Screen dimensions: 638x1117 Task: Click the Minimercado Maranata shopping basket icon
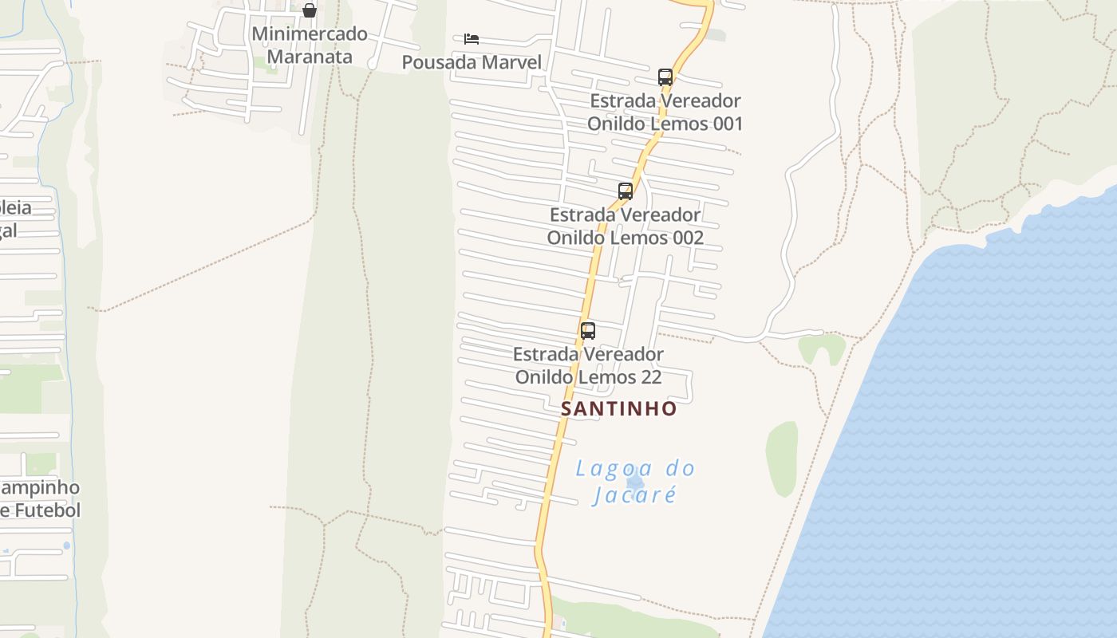click(310, 10)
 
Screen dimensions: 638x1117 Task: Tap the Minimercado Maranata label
click(310, 45)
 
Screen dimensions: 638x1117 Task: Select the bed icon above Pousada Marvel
click(472, 38)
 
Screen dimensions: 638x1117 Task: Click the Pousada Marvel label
click(472, 62)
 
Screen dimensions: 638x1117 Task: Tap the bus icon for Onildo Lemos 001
click(665, 77)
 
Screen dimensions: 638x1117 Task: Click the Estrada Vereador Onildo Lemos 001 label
click(665, 112)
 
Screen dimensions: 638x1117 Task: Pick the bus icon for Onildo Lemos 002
click(626, 191)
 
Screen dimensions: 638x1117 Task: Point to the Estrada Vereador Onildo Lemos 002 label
click(626, 226)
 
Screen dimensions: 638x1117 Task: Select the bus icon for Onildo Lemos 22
click(588, 331)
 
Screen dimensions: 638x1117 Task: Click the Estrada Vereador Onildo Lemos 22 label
click(588, 365)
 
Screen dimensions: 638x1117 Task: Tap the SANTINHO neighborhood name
click(619, 409)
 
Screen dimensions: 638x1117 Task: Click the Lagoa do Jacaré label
click(635, 482)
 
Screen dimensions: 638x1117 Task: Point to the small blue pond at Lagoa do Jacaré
click(635, 482)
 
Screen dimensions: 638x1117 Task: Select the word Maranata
click(310, 57)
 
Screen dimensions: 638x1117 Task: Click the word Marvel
click(510, 62)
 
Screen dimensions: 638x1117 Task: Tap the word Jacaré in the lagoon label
click(635, 495)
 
